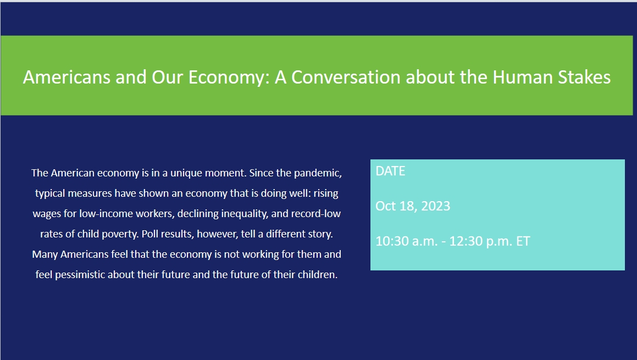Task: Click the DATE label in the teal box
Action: pos(390,171)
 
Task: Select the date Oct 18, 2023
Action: pos(412,206)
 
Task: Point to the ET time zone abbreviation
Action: pos(523,241)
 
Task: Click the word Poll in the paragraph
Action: pos(151,234)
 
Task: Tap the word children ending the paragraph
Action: pos(317,274)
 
